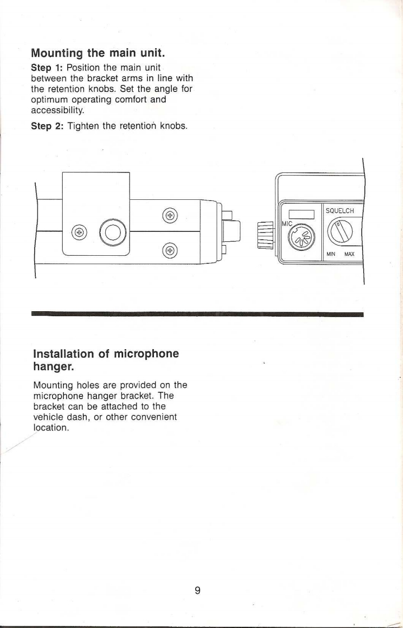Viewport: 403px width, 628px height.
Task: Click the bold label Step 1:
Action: [x=47, y=72]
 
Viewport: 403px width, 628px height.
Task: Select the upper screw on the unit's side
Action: [x=169, y=214]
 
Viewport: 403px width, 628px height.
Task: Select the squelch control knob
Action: [x=341, y=231]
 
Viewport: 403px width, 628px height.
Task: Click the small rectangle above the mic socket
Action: [x=302, y=214]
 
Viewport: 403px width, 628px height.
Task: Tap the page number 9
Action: [x=198, y=590]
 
